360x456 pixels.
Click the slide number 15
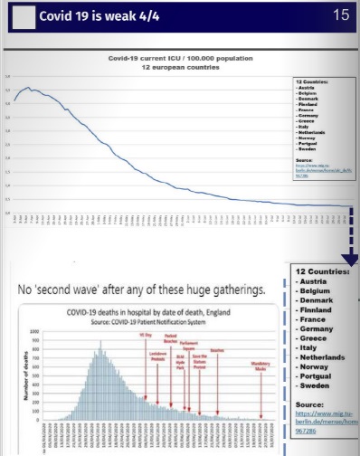click(341, 14)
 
